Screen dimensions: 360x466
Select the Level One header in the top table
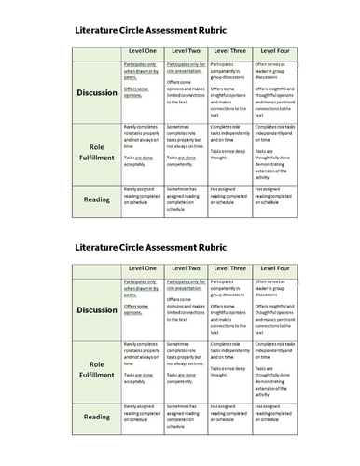coord(143,49)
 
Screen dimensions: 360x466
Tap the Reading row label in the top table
coord(97,200)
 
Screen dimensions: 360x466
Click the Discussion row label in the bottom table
coord(97,309)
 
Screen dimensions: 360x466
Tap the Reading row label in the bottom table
coord(97,419)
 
